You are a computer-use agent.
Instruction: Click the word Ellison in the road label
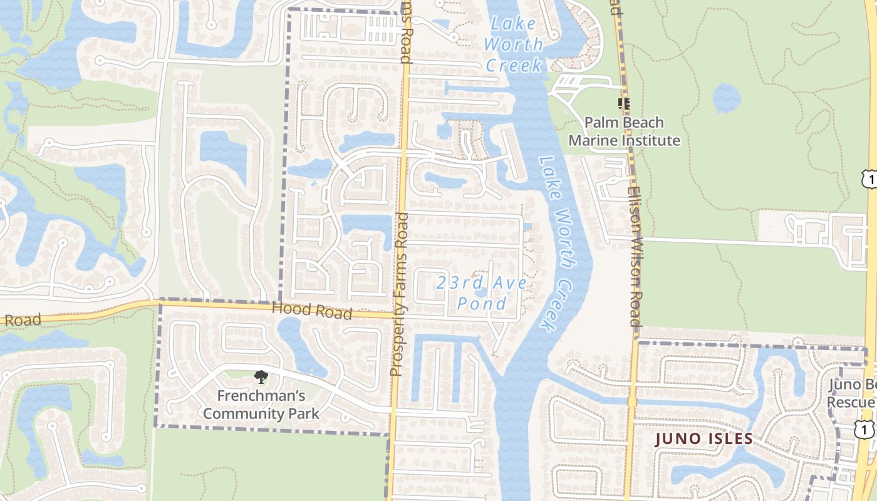point(633,207)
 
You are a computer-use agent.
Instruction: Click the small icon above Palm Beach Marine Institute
point(623,103)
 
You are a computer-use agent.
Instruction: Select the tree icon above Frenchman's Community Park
point(261,377)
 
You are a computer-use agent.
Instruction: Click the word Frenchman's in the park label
point(261,396)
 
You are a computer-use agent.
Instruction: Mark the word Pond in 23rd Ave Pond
point(482,304)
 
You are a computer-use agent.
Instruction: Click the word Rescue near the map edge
point(852,401)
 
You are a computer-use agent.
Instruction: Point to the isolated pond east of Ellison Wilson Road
point(727,98)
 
